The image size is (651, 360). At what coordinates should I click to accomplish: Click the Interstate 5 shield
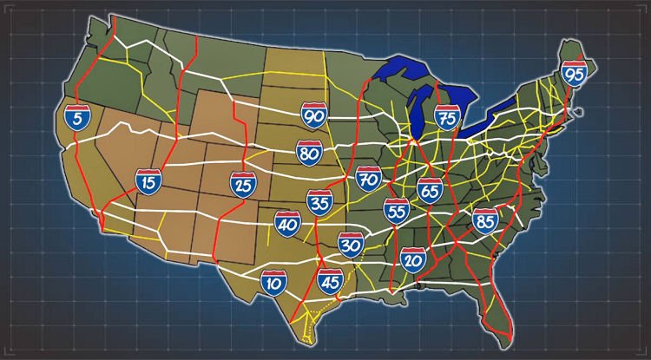click(77, 118)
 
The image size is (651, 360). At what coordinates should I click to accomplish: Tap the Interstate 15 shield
click(148, 181)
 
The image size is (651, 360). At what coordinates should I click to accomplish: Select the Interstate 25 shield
click(242, 184)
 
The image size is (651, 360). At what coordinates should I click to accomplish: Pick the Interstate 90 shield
click(314, 115)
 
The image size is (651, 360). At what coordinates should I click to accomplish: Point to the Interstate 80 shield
click(309, 153)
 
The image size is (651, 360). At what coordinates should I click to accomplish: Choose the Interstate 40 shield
click(287, 223)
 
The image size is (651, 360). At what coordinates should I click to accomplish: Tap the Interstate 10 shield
click(274, 282)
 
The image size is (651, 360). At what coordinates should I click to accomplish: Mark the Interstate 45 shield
click(330, 282)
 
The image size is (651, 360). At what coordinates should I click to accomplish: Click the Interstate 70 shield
click(369, 180)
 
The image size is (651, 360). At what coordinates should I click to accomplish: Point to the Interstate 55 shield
click(396, 210)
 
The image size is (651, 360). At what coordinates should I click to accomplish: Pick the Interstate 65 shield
click(429, 190)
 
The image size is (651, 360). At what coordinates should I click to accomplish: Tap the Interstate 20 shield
click(413, 259)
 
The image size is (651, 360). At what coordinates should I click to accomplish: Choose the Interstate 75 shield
click(447, 118)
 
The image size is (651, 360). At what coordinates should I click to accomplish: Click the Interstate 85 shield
click(485, 220)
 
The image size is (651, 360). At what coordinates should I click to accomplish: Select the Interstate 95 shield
click(574, 74)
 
